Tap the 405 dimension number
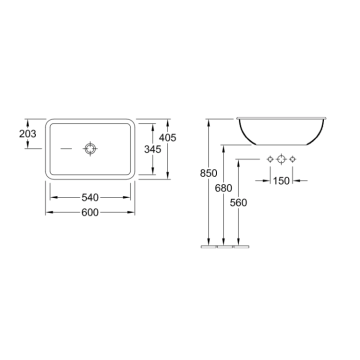point(168,137)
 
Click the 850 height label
point(208,173)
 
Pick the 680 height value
point(223,188)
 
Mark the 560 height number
point(239,203)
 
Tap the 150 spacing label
point(281,180)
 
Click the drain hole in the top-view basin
point(90,149)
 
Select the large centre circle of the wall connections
point(281,159)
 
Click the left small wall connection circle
point(270,159)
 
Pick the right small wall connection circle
point(292,159)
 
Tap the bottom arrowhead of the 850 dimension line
point(208,243)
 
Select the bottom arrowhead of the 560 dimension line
point(239,243)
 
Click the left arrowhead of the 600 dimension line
point(48,212)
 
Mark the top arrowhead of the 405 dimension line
point(168,121)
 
